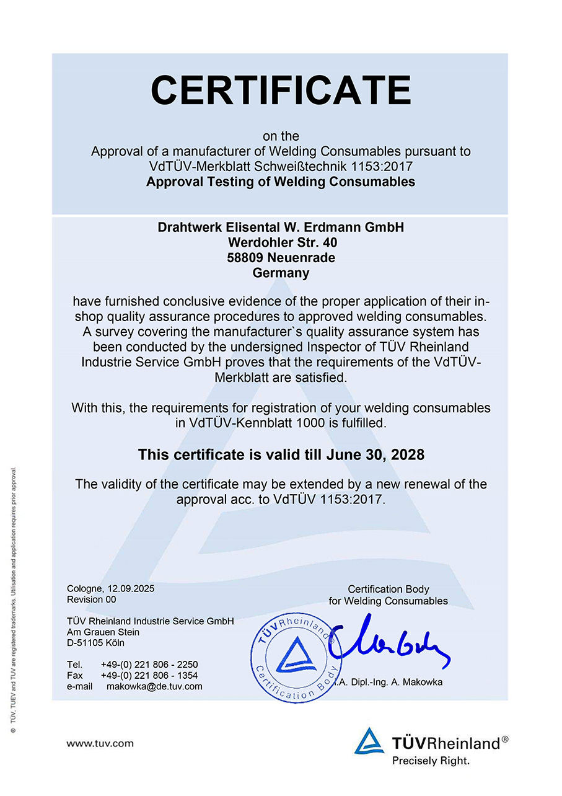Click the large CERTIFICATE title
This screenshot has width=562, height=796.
pyautogui.click(x=281, y=91)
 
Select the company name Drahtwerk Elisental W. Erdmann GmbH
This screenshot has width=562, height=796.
pyautogui.click(x=281, y=228)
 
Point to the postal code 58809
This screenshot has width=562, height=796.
pyautogui.click(x=246, y=257)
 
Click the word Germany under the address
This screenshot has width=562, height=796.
pyautogui.click(x=281, y=272)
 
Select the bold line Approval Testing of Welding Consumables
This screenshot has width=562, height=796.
pyautogui.click(x=281, y=182)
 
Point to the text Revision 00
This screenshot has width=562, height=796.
pyautogui.click(x=91, y=599)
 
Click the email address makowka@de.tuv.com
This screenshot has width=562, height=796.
pyautogui.click(x=154, y=686)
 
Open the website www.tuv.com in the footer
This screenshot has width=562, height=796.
pyautogui.click(x=100, y=743)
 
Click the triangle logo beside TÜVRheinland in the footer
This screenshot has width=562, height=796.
pyautogui.click(x=369, y=741)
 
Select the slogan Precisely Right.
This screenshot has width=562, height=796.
pyautogui.click(x=431, y=761)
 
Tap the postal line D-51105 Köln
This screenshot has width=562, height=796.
pyautogui.click(x=95, y=643)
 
